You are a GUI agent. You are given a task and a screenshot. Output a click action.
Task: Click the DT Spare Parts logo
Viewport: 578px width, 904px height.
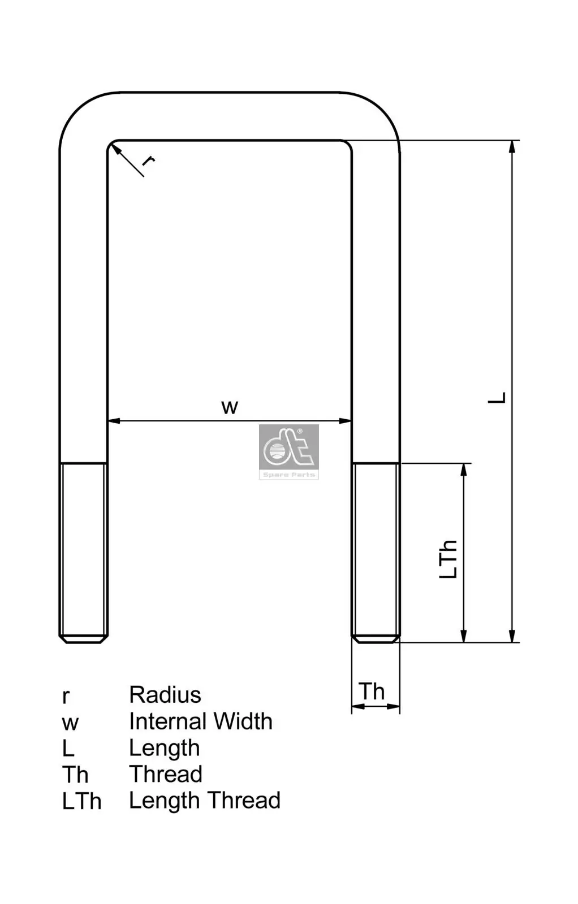pyautogui.click(x=289, y=452)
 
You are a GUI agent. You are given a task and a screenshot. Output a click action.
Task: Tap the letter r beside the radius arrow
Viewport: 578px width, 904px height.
pyautogui.click(x=148, y=161)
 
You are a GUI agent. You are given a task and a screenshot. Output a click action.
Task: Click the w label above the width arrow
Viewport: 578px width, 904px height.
pyautogui.click(x=230, y=407)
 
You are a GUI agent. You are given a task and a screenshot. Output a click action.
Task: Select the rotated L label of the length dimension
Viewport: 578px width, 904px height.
pyautogui.click(x=497, y=397)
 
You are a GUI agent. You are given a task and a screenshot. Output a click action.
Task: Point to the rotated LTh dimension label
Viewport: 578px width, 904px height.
pyautogui.click(x=448, y=559)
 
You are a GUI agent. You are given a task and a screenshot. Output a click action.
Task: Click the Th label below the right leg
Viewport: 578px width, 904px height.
pyautogui.click(x=372, y=692)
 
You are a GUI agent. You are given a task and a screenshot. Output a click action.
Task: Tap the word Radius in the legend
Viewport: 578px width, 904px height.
pyautogui.click(x=165, y=695)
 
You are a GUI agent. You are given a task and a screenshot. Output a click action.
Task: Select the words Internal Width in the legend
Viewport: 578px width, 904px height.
pyautogui.click(x=200, y=722)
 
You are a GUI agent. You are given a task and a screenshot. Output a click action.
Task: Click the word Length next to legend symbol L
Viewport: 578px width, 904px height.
pyautogui.click(x=164, y=748)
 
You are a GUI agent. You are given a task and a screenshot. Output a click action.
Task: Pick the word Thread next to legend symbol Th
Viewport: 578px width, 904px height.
pyautogui.click(x=165, y=774)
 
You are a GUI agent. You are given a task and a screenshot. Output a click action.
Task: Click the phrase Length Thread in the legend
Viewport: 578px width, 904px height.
pyautogui.click(x=204, y=801)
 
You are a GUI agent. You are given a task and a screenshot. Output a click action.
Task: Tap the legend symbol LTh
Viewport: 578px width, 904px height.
pyautogui.click(x=81, y=801)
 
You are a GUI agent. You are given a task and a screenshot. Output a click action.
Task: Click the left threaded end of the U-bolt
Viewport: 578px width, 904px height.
pyautogui.click(x=84, y=551)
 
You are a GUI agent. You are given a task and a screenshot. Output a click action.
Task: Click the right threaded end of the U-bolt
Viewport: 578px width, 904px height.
pyautogui.click(x=376, y=551)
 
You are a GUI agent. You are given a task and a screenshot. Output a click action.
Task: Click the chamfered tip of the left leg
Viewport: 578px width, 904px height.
pyautogui.click(x=84, y=639)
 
